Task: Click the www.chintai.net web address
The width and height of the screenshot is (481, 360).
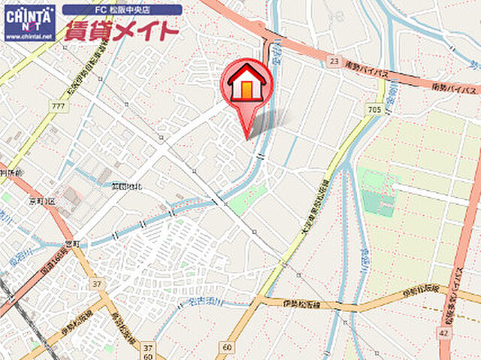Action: click(x=29, y=35)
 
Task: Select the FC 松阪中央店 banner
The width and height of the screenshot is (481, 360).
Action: click(x=122, y=11)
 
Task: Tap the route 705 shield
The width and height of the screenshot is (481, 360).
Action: click(x=375, y=110)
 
